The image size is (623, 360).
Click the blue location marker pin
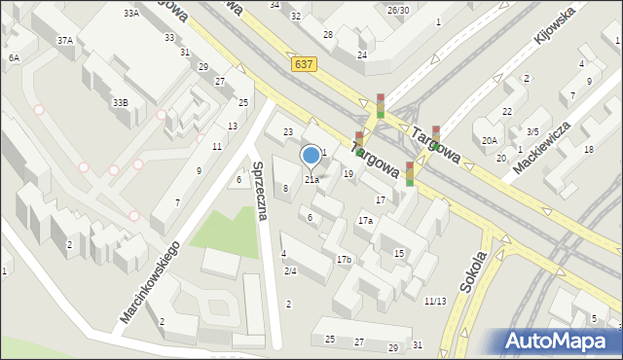coord(311,155)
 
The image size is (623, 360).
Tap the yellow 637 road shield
coord(305,64)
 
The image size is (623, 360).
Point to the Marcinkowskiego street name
coord(151,281)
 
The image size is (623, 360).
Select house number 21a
coord(311,179)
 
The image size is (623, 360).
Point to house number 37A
coord(65,40)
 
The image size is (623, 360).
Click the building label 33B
coord(120,102)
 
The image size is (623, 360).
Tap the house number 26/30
coord(397,10)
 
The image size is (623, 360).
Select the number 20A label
coord(490,141)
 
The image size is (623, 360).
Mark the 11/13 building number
coord(435,301)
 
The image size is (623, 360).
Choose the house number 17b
coord(344,259)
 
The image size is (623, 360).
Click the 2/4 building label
coord(290,271)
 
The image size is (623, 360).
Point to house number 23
coord(287,131)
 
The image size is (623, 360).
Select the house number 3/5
coord(531,131)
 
